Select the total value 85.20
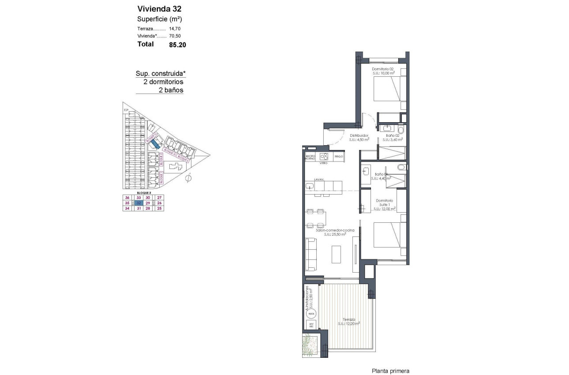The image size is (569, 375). click(177, 45)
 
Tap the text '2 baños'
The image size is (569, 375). click(171, 90)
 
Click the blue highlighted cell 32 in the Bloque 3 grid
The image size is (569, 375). click(139, 203)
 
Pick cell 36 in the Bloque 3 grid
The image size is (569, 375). click(127, 198)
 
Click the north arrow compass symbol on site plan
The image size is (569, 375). click(188, 178)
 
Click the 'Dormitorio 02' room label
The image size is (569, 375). click(382, 69)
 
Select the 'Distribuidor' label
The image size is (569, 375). click(359, 135)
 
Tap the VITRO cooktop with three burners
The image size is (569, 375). click(324, 157)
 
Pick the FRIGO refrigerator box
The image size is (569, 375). click(339, 157)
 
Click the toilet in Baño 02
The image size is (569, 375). click(400, 130)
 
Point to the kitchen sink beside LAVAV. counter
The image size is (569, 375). click(309, 187)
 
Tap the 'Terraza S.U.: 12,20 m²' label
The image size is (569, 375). click(349, 322)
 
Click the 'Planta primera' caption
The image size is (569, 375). click(390, 371)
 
